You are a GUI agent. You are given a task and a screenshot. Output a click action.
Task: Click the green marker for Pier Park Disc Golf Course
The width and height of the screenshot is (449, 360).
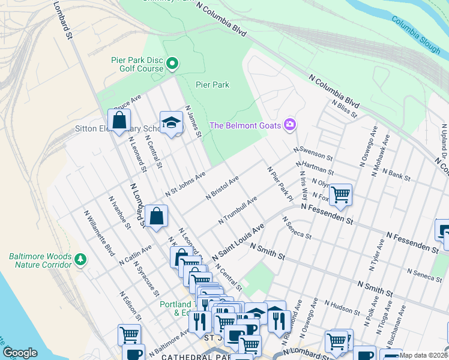pyautogui.click(x=172, y=63)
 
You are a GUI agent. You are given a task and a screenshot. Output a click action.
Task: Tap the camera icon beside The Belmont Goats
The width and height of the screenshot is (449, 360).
pyautogui.click(x=291, y=125)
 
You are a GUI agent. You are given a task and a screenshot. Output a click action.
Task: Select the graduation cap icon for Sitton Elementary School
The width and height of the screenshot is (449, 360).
pyautogui.click(x=171, y=122)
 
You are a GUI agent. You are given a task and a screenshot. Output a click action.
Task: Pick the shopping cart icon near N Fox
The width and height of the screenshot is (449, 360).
pyautogui.click(x=340, y=194)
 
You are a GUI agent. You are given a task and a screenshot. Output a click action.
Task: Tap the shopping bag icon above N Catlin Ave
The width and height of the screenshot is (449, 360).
pyautogui.click(x=156, y=217)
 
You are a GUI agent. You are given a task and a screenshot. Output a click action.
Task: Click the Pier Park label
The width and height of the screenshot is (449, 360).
pyautogui.click(x=212, y=85)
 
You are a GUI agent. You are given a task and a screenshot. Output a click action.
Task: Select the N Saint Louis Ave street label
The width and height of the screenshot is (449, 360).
pyautogui.click(x=238, y=242)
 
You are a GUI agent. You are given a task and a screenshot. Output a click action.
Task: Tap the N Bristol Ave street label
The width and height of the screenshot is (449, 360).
pyautogui.click(x=222, y=187)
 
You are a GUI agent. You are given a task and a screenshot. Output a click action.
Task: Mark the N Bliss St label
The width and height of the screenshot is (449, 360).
pyautogui.click(x=344, y=108)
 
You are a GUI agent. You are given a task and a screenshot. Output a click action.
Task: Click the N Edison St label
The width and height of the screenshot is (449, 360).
pyautogui.click(x=130, y=307)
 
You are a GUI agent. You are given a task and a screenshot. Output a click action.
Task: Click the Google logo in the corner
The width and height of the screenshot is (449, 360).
pyautogui.click(x=20, y=353)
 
